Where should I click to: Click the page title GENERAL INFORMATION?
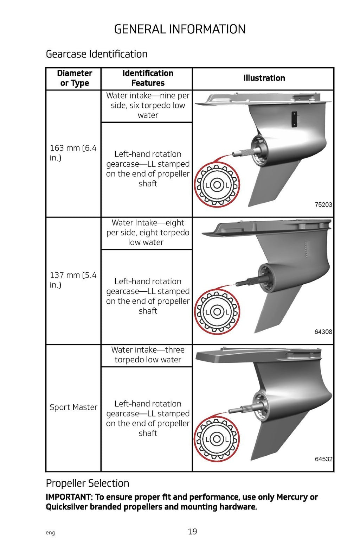tap(180, 29)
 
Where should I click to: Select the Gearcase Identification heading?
tap(97, 54)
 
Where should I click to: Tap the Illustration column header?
tap(264, 78)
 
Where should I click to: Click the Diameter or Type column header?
tap(74, 78)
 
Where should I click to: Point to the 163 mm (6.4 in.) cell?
tap(73, 153)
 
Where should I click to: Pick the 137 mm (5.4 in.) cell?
tap(73, 280)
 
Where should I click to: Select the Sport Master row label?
tap(73, 407)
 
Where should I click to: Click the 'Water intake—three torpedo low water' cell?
tap(148, 355)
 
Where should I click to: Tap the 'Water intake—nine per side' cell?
tap(148, 106)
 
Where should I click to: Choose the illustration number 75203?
tap(323, 204)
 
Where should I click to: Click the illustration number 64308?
tap(323, 332)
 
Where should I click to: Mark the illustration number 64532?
tap(323, 459)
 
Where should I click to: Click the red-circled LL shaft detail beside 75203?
tap(217, 185)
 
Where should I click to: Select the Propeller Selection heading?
tap(88, 483)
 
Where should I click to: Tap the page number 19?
tap(192, 532)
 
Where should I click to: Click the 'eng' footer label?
tap(50, 533)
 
